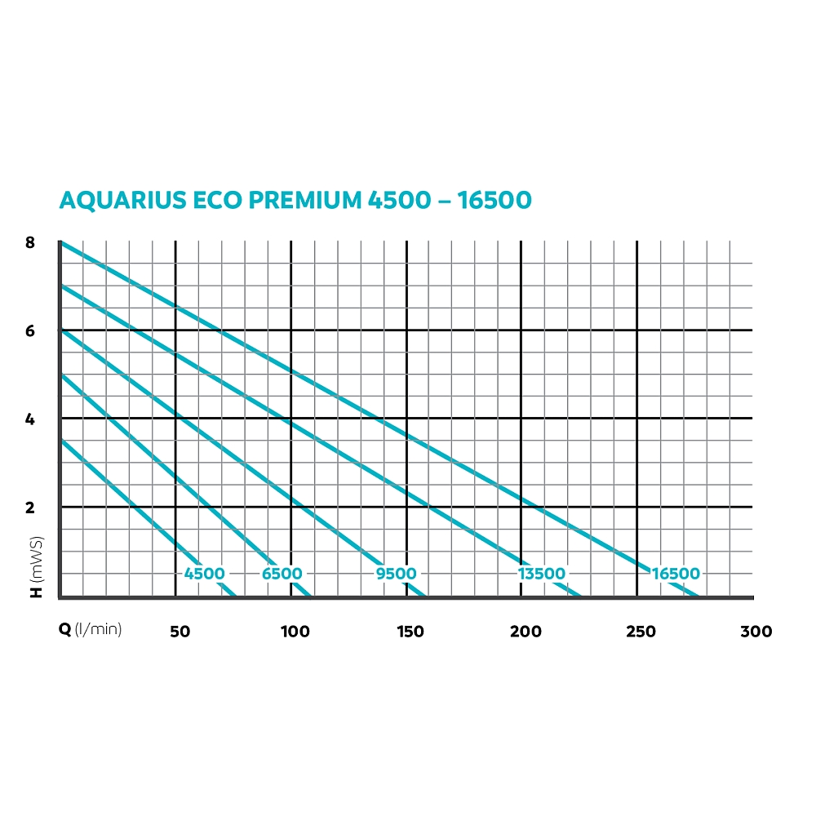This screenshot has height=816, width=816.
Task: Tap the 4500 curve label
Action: pyautogui.click(x=204, y=574)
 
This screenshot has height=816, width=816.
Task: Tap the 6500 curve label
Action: pyautogui.click(x=282, y=574)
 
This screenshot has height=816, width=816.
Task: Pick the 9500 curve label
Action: pyautogui.click(x=396, y=574)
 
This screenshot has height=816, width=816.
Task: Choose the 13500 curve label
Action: pyautogui.click(x=541, y=574)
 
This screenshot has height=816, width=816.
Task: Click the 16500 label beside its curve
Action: pyautogui.click(x=676, y=574)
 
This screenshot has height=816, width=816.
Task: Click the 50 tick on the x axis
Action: pyautogui.click(x=180, y=631)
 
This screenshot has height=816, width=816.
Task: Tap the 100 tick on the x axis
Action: pyautogui.click(x=295, y=631)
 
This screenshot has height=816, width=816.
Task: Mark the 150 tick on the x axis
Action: pyautogui.click(x=410, y=631)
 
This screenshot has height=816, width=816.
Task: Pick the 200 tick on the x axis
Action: pyautogui.click(x=526, y=631)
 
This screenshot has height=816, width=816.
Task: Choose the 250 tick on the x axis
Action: pyautogui.click(x=641, y=631)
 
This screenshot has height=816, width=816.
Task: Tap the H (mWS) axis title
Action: pyautogui.click(x=37, y=568)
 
